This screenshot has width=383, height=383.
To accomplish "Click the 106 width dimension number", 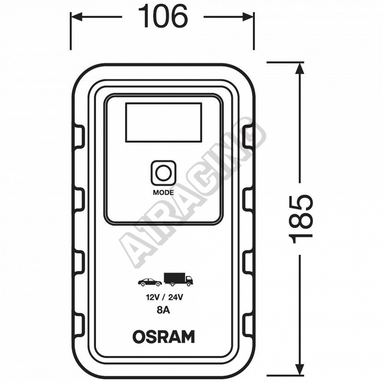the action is pyautogui.click(x=163, y=16).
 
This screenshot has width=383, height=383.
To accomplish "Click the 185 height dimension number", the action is pyautogui.click(x=301, y=219).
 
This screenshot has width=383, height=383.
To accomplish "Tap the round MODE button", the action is pyautogui.click(x=163, y=173).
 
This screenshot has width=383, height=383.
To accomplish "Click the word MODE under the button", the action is pyautogui.click(x=163, y=192).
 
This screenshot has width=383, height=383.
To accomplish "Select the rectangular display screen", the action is pyautogui.click(x=163, y=122).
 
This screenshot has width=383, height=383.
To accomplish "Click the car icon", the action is pyautogui.click(x=150, y=282).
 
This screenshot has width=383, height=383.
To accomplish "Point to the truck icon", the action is pyautogui.click(x=178, y=279).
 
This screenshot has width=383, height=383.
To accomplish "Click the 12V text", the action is pyautogui.click(x=152, y=297).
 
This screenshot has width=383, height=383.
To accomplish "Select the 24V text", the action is pyautogui.click(x=176, y=297).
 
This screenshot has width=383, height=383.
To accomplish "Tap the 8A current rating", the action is pyautogui.click(x=163, y=310).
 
